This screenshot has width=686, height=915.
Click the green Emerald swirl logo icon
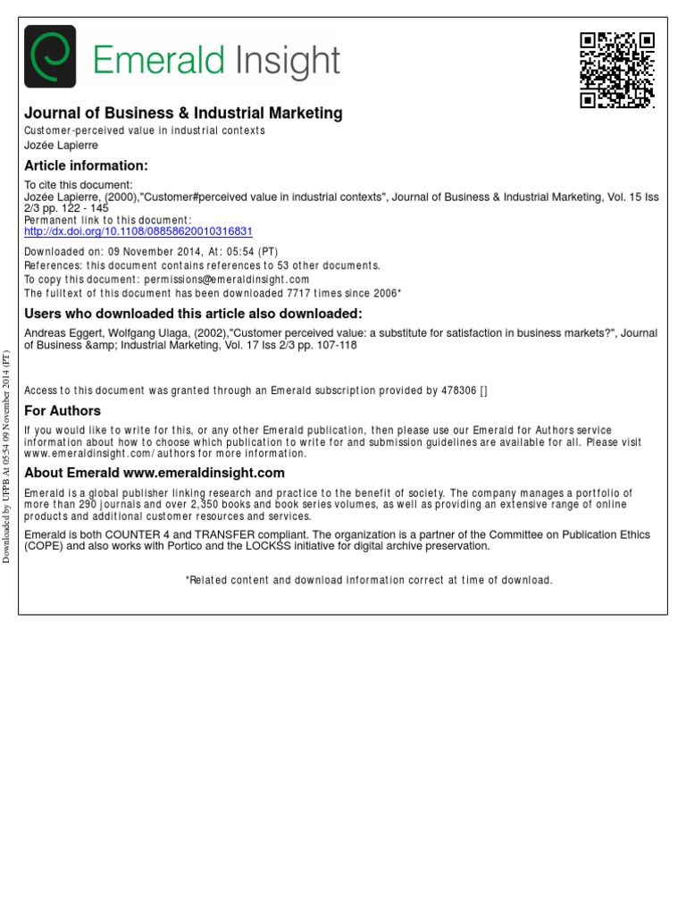[x=49, y=56]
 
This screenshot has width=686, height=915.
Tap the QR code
[x=617, y=70]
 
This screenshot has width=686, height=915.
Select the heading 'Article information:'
[x=86, y=165]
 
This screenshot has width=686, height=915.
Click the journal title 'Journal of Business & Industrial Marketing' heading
[x=183, y=113]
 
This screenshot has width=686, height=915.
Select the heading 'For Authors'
[x=63, y=411]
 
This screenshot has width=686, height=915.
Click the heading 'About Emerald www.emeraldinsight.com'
[x=155, y=473]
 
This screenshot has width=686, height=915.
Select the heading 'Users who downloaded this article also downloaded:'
[x=193, y=313]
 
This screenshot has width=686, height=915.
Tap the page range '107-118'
[x=339, y=345]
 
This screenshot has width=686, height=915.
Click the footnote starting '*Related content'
[x=369, y=580]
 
